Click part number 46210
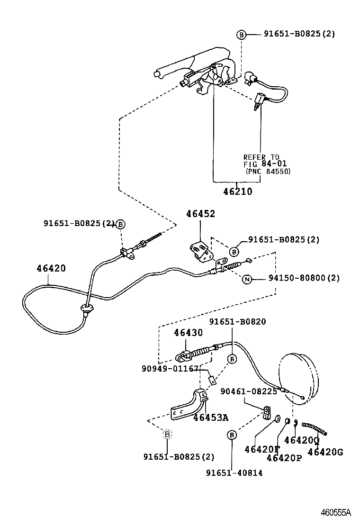point(238,192)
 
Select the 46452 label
point(200,214)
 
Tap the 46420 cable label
point(51,268)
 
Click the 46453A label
point(211,418)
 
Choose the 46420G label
point(325,452)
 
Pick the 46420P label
point(285,458)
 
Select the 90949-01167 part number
point(169,368)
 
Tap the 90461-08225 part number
point(249,391)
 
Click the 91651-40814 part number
point(234,472)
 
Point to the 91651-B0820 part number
point(238,322)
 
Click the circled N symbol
point(247,279)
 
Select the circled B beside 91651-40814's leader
point(232,435)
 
